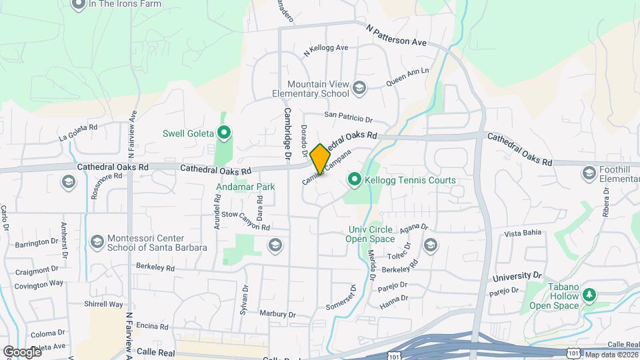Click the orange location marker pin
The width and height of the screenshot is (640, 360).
click(320, 159)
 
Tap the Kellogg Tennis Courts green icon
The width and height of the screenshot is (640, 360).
click(355, 180)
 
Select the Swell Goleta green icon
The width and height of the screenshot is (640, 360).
click(224, 133)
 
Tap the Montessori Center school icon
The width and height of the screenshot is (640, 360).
click(97, 241)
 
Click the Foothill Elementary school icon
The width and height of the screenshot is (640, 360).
click(589, 173)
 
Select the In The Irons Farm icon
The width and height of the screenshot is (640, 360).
click(77, 4)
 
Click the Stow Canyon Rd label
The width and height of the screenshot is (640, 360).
click(245, 221)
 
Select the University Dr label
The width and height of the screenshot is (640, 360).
click(517, 275)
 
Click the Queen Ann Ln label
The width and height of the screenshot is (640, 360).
click(407, 78)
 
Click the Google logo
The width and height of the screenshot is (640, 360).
click(22, 351)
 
